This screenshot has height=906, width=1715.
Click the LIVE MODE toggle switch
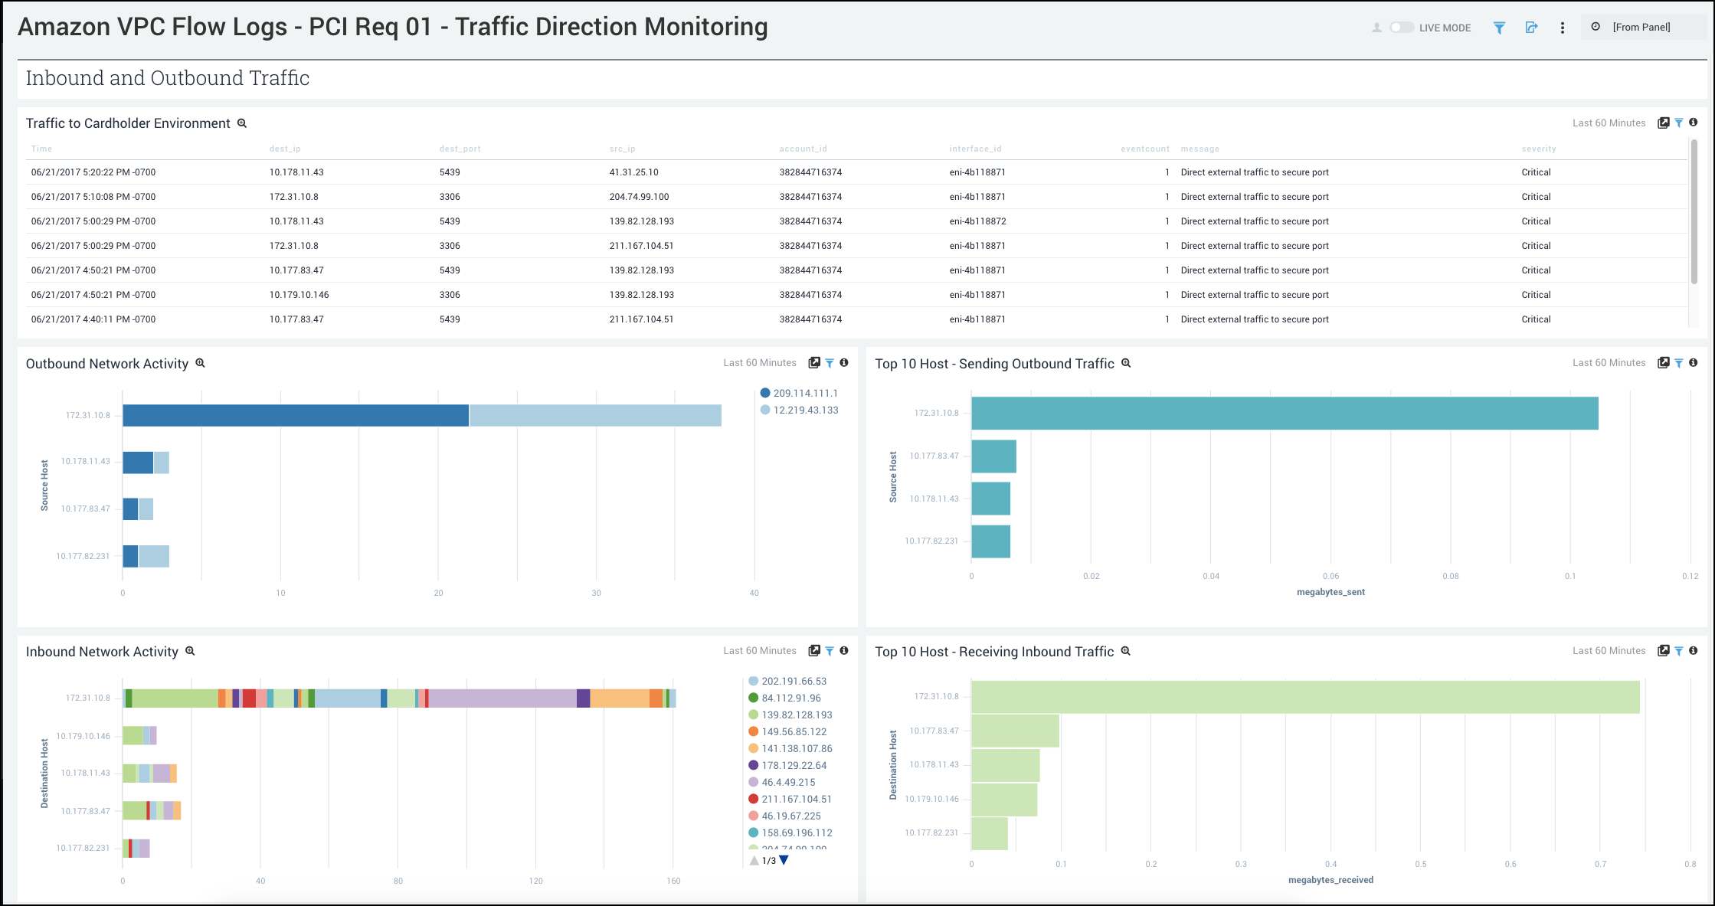click(1402, 28)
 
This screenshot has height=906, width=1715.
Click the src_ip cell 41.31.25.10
click(633, 172)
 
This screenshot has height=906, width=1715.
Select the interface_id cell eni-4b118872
click(977, 221)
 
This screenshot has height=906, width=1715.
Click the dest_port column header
click(460, 149)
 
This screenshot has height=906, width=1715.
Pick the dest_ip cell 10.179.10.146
click(299, 295)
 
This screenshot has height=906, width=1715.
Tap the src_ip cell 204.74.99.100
click(639, 197)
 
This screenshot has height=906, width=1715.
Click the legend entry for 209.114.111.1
click(804, 393)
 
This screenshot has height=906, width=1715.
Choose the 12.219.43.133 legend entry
click(805, 410)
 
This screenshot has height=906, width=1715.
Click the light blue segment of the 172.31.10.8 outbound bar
click(595, 415)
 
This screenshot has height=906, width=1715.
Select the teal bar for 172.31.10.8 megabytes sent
click(1285, 413)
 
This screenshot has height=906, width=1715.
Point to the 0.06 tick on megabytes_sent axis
click(1330, 576)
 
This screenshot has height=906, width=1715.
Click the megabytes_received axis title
click(1330, 880)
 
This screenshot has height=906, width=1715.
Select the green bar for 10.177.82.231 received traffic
click(990, 833)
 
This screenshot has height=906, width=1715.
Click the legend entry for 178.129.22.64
click(794, 765)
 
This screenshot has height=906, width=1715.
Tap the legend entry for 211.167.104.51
click(796, 799)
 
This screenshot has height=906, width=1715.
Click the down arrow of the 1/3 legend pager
click(784, 860)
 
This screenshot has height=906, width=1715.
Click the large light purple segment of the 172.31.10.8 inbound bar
click(502, 698)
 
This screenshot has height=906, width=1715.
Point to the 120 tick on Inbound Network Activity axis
click(535, 881)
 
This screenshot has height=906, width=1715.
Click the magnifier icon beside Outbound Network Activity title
click(201, 363)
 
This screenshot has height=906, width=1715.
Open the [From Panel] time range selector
click(1641, 28)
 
